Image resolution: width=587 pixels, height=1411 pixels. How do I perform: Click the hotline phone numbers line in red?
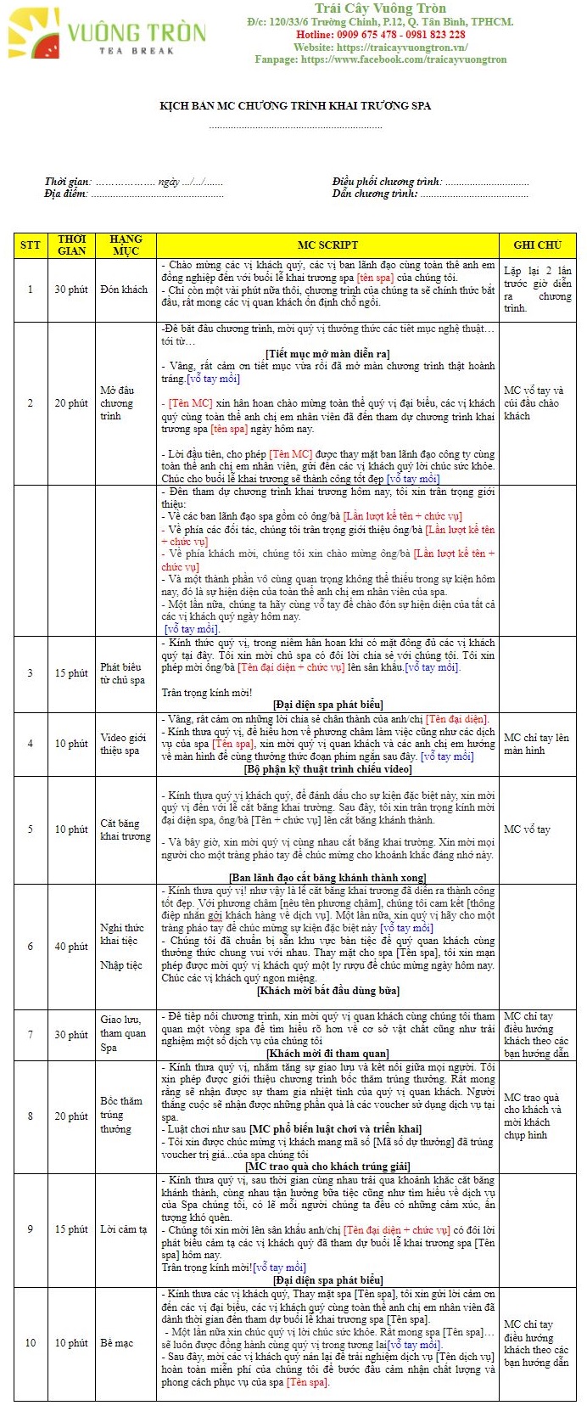pyautogui.click(x=380, y=35)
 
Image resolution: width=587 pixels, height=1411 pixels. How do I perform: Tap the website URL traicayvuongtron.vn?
pyautogui.click(x=380, y=48)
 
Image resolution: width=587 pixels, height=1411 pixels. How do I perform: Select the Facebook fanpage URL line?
pyautogui.click(x=380, y=59)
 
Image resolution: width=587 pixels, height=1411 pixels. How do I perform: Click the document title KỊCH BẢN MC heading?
pyautogui.click(x=295, y=106)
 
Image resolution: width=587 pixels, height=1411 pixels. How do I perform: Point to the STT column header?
pyautogui.click(x=31, y=245)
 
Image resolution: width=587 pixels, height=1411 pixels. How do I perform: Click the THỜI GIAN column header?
pyautogui.click(x=71, y=245)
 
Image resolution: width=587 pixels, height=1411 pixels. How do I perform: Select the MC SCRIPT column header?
pyautogui.click(x=327, y=245)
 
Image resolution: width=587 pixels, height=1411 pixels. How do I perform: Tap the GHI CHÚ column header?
pyautogui.click(x=537, y=245)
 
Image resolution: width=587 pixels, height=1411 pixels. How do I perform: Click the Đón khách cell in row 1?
pyautogui.click(x=124, y=290)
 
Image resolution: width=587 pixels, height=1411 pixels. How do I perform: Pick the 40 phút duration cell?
pyautogui.click(x=71, y=947)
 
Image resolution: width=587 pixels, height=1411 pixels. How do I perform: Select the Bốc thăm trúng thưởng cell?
pyautogui.click(x=121, y=1115)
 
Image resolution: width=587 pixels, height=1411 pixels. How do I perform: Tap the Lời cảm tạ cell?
pyautogui.click(x=124, y=1229)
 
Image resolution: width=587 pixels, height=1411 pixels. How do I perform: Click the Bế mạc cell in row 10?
pyautogui.click(x=117, y=1343)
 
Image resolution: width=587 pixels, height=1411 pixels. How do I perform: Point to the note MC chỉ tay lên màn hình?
pyautogui.click(x=536, y=744)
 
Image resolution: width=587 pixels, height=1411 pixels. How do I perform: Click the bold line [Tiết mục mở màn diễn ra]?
pyautogui.click(x=327, y=354)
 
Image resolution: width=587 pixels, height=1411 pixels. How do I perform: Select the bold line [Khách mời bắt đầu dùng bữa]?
pyautogui.click(x=327, y=991)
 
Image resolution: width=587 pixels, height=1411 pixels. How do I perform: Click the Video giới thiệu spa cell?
pyautogui.click(x=123, y=744)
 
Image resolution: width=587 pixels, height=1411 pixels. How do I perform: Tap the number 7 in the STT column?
pyautogui.click(x=31, y=1035)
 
